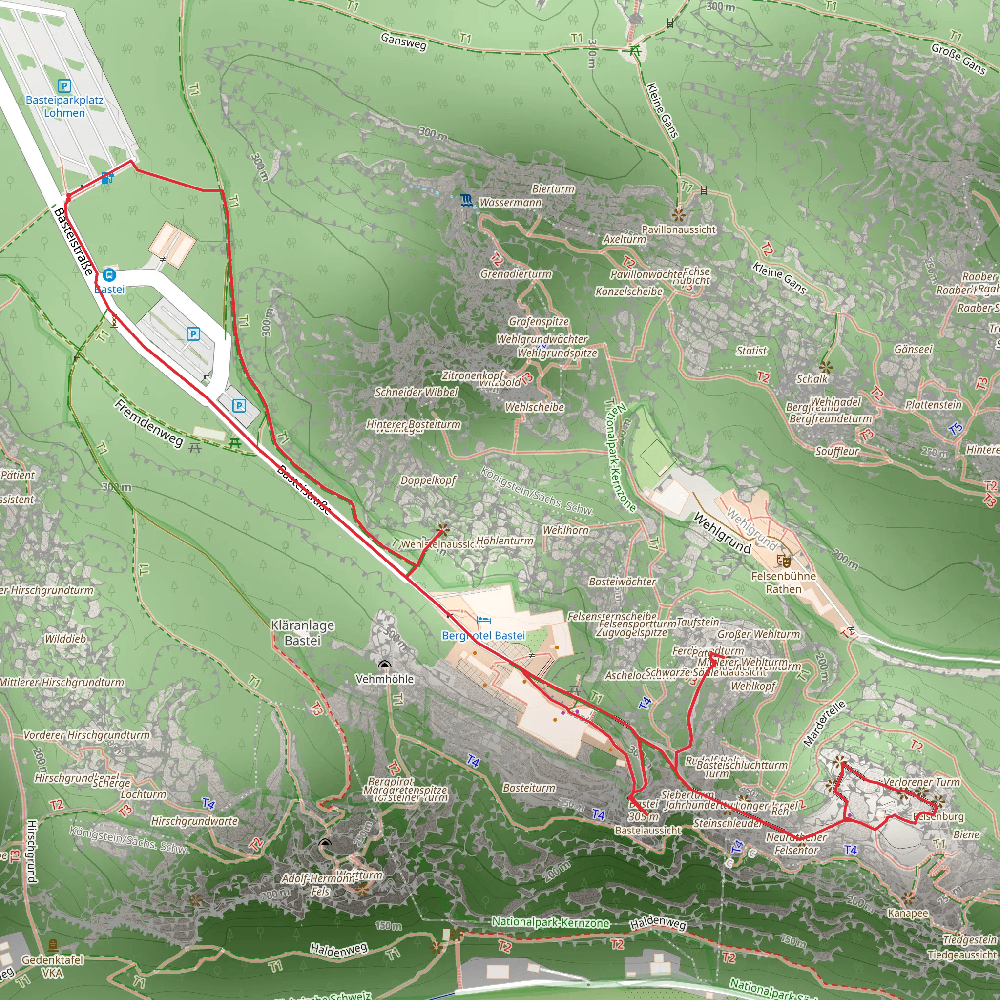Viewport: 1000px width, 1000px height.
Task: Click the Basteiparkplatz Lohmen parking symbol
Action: [64, 85]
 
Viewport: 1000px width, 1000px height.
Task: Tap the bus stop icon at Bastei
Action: [109, 275]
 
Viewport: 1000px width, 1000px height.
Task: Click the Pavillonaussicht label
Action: [679, 229]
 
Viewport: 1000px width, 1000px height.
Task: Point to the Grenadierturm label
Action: [516, 274]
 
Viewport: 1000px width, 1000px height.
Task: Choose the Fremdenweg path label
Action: [148, 423]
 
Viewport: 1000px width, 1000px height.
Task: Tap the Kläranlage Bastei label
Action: [303, 632]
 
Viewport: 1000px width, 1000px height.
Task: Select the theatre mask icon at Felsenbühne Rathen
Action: [784, 560]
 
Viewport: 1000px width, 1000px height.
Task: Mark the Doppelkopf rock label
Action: [428, 480]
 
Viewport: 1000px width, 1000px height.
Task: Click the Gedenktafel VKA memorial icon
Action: [53, 946]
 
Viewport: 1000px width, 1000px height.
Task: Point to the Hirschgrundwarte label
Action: [194, 821]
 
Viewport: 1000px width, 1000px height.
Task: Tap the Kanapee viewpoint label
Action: [908, 913]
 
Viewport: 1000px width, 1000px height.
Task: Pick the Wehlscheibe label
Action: [534, 407]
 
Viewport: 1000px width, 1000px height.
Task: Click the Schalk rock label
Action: [812, 379]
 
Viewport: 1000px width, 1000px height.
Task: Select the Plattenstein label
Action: [933, 405]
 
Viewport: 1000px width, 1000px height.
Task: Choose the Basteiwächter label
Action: [622, 582]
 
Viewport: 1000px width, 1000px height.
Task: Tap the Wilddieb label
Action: [65, 639]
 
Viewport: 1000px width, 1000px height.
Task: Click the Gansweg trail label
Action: [403, 42]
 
